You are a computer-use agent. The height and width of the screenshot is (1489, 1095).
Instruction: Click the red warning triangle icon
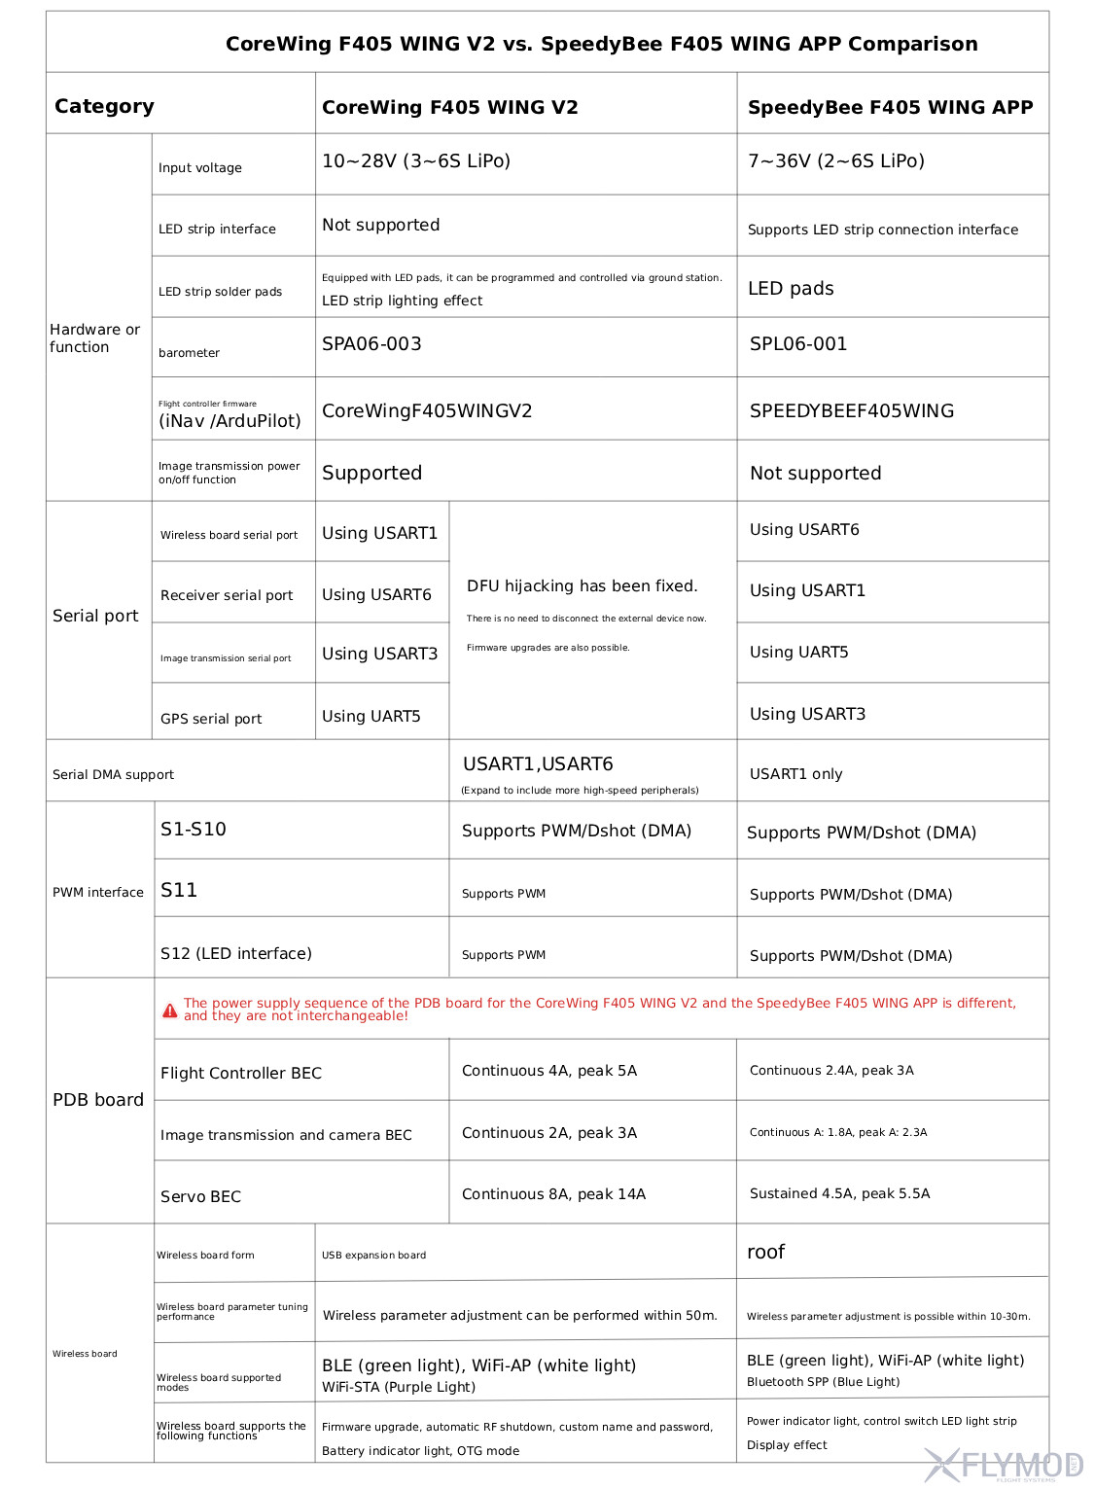coord(170,1010)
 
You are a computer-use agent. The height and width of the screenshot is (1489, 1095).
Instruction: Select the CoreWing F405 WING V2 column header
coord(450,107)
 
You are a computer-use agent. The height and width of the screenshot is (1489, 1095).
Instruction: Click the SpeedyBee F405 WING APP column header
coord(890,107)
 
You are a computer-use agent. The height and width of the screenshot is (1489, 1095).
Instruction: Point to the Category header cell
coord(104,106)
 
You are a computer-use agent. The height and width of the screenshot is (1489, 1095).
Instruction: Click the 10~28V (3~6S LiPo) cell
coord(416,160)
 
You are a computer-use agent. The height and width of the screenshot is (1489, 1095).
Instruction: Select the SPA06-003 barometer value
coord(371,343)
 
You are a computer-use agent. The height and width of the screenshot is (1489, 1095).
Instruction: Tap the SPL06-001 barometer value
coord(798,343)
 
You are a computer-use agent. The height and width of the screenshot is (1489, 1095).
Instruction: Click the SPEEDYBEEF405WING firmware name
coord(852,410)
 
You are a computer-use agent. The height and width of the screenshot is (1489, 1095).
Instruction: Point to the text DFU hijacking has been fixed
coord(583,585)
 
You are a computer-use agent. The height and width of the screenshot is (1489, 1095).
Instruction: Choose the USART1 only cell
coord(795,774)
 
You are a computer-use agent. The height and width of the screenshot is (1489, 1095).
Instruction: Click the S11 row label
coord(179,890)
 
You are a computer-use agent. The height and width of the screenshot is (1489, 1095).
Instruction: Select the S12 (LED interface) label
coord(236,953)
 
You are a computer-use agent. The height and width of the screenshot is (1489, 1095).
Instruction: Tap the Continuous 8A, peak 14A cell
coord(553,1193)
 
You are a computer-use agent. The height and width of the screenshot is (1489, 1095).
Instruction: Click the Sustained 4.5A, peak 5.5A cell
coord(839,1193)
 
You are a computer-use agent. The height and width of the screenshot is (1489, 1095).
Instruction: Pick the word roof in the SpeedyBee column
coord(765,1252)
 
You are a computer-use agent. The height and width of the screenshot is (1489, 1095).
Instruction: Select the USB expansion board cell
coord(373,1255)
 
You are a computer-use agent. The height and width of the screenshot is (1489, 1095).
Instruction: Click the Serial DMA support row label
coord(113,774)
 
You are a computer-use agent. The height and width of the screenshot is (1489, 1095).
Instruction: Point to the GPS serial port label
coord(211,719)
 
